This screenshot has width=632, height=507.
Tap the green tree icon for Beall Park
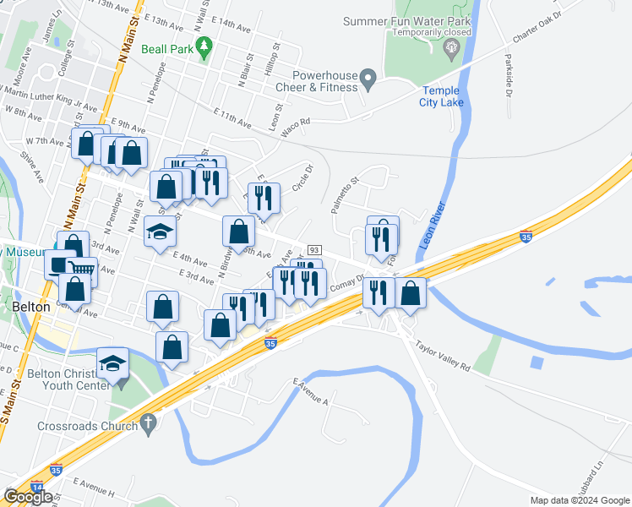pos(203,47)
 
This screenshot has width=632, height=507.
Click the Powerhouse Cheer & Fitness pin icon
pos(368,80)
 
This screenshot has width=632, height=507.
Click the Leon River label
pos(431,225)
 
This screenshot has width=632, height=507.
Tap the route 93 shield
pos(314,250)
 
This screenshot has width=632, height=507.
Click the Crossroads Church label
pos(87,426)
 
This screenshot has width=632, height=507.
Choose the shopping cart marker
pos(80,270)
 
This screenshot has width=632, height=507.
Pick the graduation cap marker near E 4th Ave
pos(160,231)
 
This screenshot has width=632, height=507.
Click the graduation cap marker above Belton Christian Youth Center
pos(112,362)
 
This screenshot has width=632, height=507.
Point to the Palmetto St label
pos(346,194)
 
